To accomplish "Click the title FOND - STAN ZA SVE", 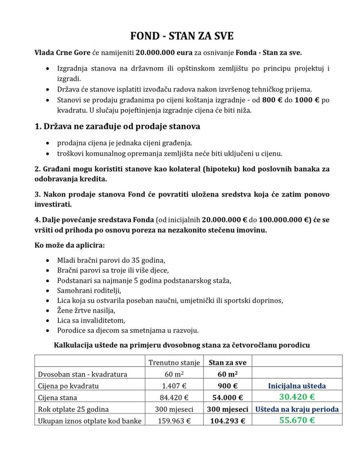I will coord(182,36).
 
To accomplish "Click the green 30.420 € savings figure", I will coord(297,397).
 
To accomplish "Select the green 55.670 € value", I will coord(297,420).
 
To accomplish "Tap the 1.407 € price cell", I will coord(174,386).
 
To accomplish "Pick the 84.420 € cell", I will coord(174,398).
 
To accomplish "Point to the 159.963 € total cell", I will coord(174,421).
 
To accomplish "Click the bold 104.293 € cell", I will coord(228,421).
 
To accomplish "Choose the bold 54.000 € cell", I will coord(228,398).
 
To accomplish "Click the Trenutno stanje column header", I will coord(174,363).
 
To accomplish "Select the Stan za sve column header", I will coord(228,363).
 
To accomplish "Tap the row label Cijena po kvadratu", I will coord(68,386).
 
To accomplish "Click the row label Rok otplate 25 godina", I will coord(73,409).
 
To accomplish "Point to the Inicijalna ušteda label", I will coord(297,386).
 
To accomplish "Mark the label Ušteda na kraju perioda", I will coord(297,409).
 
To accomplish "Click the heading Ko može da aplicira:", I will coord(69,245).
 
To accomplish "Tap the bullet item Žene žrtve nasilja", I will coord(86,310).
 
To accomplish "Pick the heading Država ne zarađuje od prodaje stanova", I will coord(117,127).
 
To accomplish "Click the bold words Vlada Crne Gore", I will coord(62,53).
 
